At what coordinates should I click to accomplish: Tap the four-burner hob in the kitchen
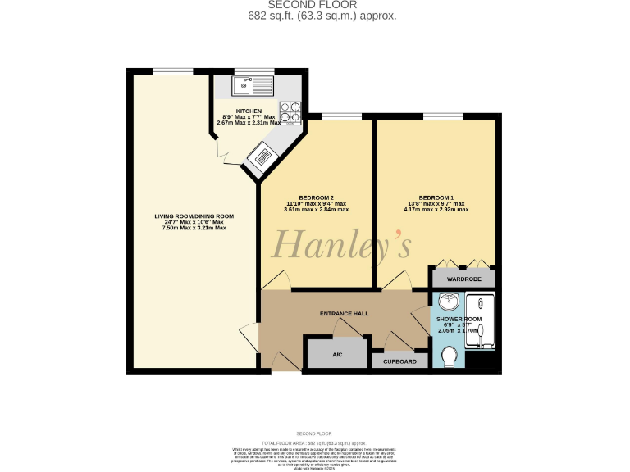(x=290, y=111)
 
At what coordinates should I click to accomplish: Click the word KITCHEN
(x=249, y=111)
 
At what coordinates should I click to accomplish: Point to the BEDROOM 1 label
(x=436, y=197)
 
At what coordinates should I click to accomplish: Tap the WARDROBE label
(x=463, y=279)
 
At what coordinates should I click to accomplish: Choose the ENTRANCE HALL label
(x=344, y=313)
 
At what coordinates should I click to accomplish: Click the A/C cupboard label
(x=337, y=355)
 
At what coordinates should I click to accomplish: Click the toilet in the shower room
(x=449, y=357)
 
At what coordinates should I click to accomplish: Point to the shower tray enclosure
(x=482, y=320)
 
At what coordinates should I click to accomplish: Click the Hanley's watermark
(x=341, y=243)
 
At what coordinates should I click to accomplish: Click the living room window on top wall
(x=167, y=70)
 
